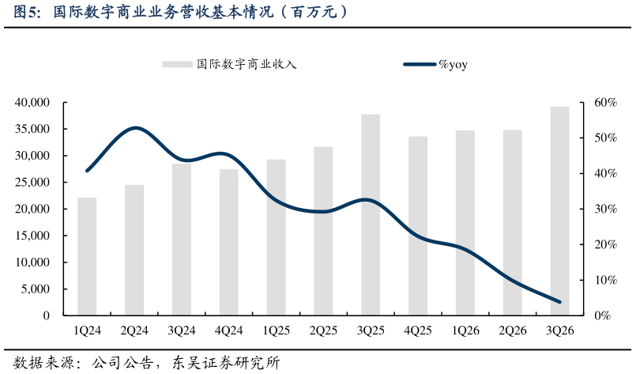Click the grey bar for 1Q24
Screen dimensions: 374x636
coord(87,256)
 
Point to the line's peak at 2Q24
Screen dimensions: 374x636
coord(136,127)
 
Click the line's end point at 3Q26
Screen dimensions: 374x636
coord(560,302)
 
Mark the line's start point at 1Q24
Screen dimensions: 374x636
coord(87,170)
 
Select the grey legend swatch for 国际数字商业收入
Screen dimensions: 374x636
coord(178,65)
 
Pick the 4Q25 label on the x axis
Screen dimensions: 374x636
coord(418,331)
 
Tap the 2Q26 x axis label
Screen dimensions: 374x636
coord(513,331)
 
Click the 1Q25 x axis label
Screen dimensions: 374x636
coord(276,331)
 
